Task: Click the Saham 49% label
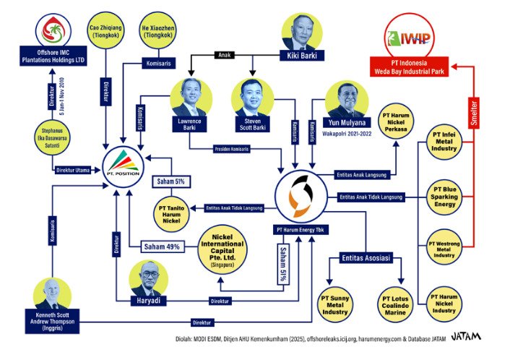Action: (163, 247)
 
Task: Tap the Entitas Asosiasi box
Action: (366, 258)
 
